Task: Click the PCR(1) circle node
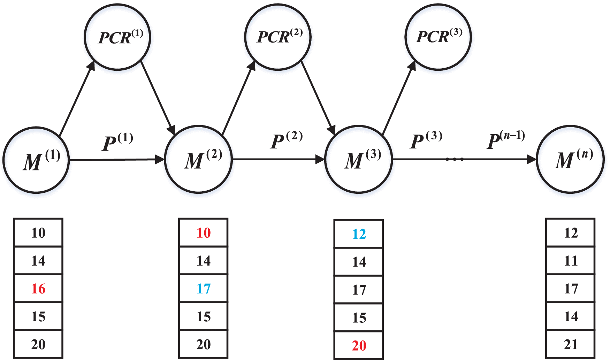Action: point(117,37)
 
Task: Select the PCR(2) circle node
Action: point(278,37)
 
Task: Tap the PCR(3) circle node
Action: point(438,37)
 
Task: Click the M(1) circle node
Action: point(36,160)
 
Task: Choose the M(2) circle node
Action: point(198,159)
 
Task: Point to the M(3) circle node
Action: point(359,159)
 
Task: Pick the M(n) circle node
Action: point(570,159)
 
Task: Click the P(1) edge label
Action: point(117,142)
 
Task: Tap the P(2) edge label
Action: point(286,140)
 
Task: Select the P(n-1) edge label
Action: point(505,140)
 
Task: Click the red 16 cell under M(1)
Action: point(38,289)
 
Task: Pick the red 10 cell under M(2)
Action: point(204,233)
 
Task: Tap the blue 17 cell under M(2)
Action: point(204,289)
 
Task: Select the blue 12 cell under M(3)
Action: point(359,234)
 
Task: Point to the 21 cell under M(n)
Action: point(571,344)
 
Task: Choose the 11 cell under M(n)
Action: point(571,261)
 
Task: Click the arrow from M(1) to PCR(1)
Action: point(77,99)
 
